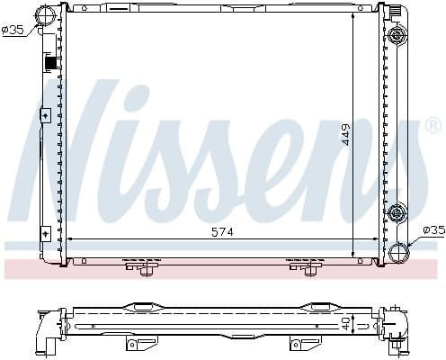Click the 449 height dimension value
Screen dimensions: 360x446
344,135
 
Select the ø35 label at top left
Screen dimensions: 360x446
13,29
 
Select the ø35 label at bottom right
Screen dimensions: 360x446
433,229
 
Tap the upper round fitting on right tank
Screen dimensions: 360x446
395,37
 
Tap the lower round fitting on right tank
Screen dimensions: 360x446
395,213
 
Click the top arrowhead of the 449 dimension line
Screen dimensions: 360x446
353,16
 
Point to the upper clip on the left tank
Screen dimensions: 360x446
46,115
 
